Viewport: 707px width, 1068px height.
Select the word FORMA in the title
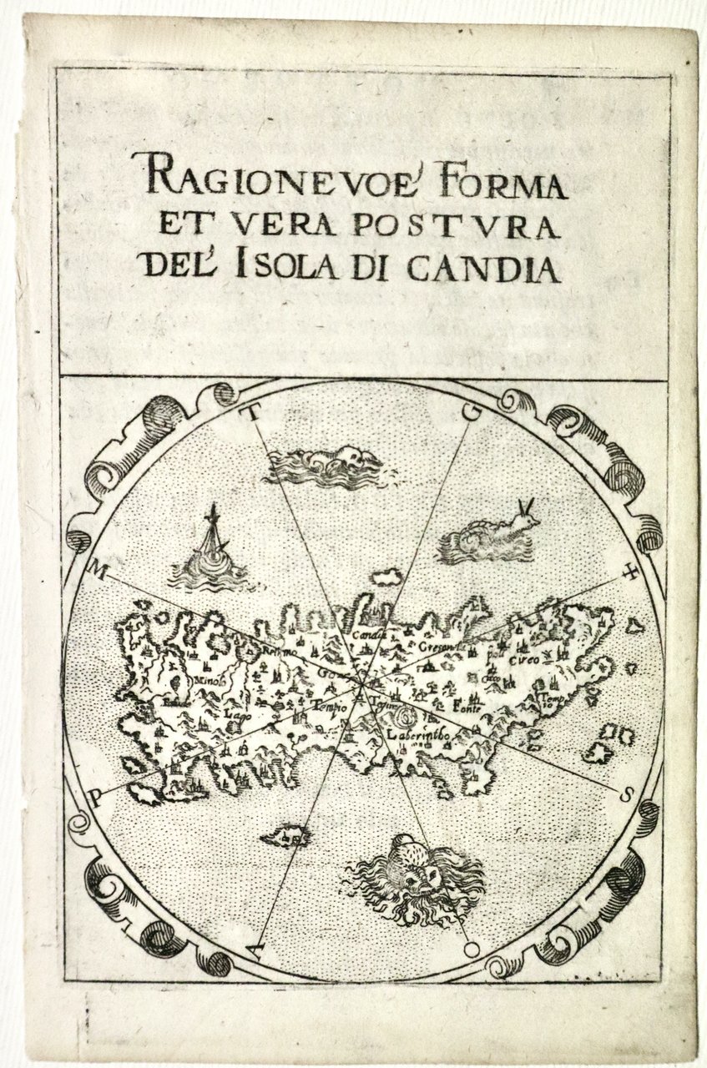point(514,180)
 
